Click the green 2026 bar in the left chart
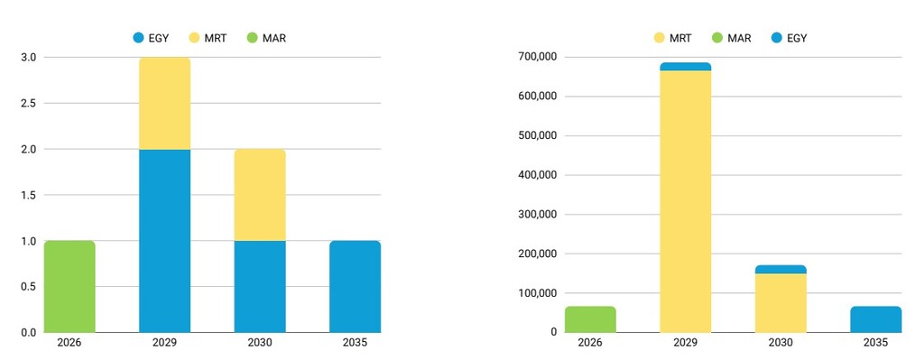pos(69,286)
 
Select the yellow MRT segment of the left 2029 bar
pos(164,104)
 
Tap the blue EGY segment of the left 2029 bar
pos(164,240)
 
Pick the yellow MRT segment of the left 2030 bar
pos(260,195)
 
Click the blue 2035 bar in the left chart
pos(355,286)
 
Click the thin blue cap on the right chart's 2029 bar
pos(685,67)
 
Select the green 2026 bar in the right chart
pos(590,319)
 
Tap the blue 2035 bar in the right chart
pos(875,319)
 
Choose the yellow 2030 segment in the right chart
pos(781,302)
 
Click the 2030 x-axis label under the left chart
pos(260,343)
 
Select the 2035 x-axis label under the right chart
pos(875,343)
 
